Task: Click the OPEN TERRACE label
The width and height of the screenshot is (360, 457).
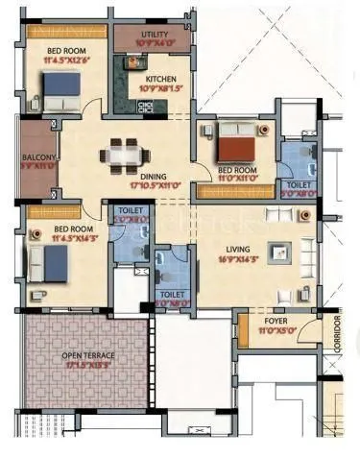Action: (87, 356)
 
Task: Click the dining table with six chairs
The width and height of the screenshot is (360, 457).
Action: (124, 154)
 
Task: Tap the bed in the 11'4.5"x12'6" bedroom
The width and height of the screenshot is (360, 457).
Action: (60, 91)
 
